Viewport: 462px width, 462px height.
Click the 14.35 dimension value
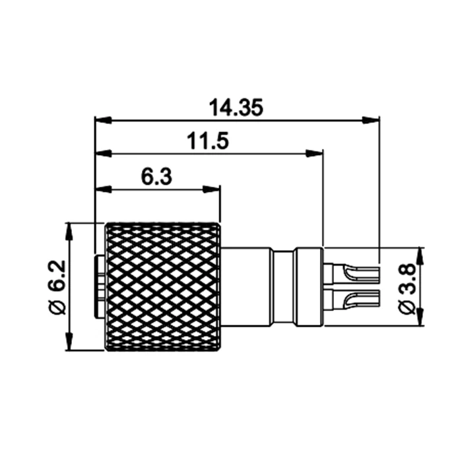236,108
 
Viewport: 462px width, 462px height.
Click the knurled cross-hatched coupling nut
163,286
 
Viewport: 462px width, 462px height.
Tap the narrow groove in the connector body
283,286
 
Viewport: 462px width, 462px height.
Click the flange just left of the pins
309,286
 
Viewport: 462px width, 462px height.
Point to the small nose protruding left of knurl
99,286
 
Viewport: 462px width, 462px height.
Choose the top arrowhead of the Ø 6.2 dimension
69,230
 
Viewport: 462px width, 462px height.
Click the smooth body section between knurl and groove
246,286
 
